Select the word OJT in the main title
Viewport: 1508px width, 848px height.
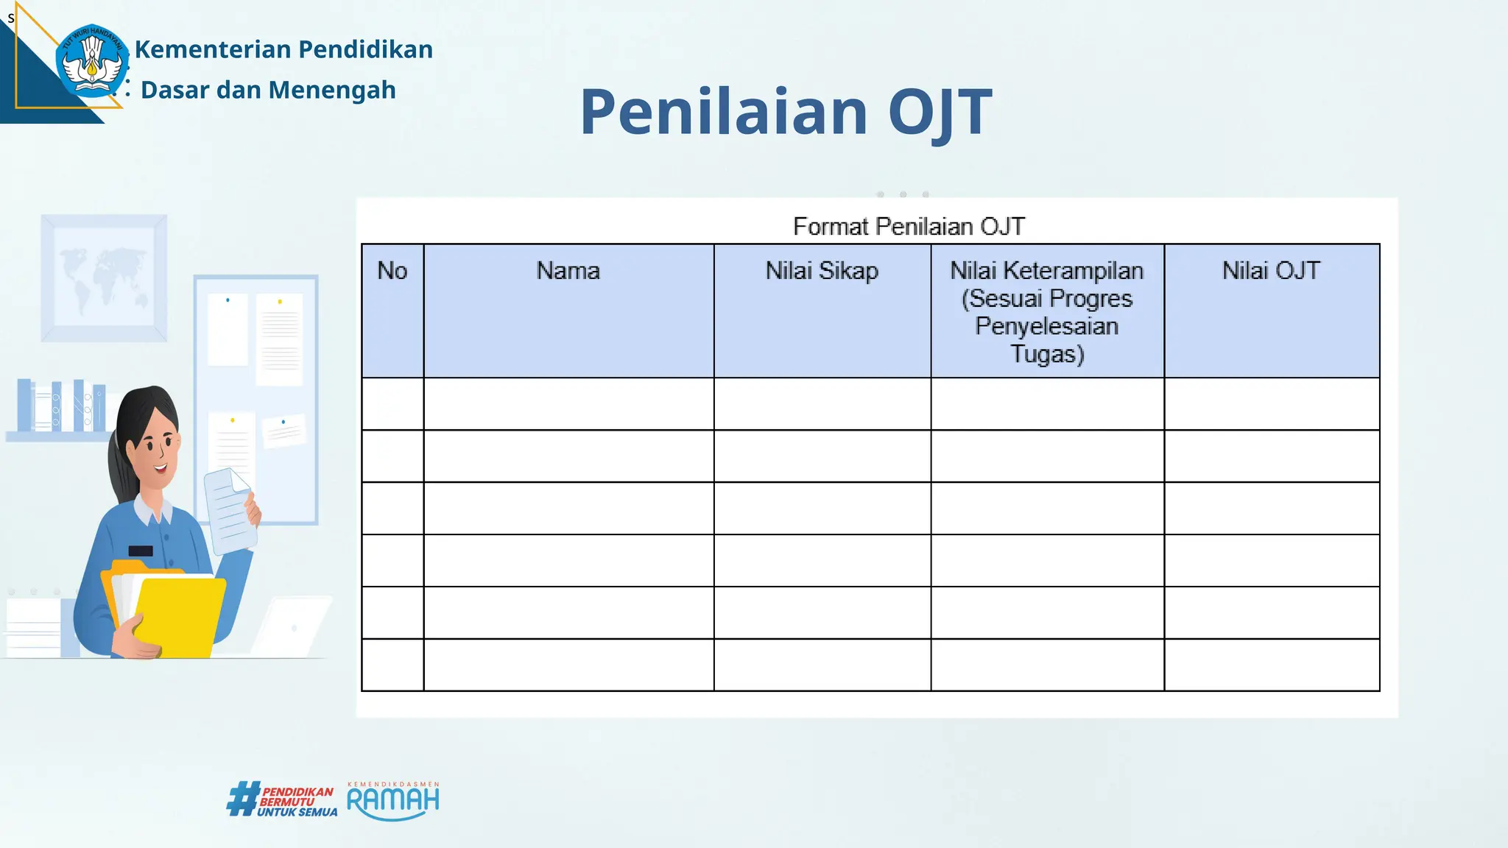(940, 112)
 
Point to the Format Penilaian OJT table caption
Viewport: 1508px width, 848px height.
(909, 226)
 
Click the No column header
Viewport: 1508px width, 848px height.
(392, 271)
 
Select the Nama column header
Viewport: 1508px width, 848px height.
(568, 271)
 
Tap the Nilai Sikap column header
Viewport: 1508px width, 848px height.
(822, 271)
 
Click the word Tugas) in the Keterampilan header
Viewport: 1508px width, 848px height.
(1046, 354)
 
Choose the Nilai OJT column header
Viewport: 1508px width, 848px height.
(1271, 271)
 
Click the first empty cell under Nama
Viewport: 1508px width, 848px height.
(568, 404)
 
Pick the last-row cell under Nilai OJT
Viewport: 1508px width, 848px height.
(1271, 665)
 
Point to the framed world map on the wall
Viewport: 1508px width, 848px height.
(104, 278)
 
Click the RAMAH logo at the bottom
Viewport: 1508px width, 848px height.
(393, 801)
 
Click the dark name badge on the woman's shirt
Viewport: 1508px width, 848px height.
(141, 551)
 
